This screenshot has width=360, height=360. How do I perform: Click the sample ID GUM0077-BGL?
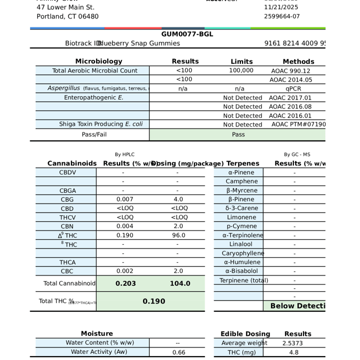187,34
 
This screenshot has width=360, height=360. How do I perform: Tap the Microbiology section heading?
98,61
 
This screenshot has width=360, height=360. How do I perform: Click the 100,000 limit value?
241,71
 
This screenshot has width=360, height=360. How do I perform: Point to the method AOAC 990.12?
290,71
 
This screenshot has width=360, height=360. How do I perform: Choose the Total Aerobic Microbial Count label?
94,71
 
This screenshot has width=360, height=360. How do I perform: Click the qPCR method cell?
293,89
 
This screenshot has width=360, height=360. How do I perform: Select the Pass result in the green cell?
238,135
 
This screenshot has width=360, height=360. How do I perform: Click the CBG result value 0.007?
125,200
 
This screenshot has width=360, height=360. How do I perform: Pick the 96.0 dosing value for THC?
178,235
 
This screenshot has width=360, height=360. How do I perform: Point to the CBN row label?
67,226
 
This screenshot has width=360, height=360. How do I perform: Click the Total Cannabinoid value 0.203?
125,283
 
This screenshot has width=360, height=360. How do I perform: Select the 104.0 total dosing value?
179,283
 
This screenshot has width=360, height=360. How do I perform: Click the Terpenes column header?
243,164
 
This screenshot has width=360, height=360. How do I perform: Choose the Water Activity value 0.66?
179,353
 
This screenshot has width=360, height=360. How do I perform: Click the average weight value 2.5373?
293,343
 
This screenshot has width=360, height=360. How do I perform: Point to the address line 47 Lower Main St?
65,7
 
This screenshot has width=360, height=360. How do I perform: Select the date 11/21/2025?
281,7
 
